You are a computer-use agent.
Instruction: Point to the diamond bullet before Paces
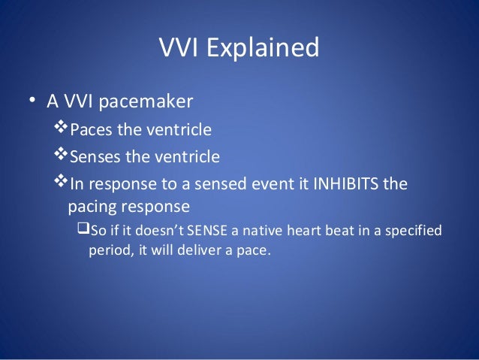tap(62, 130)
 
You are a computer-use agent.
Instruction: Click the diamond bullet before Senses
tap(62, 156)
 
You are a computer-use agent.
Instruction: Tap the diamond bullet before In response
tap(62, 183)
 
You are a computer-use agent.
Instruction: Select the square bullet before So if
tap(84, 228)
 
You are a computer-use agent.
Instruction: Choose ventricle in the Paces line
tap(178, 131)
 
